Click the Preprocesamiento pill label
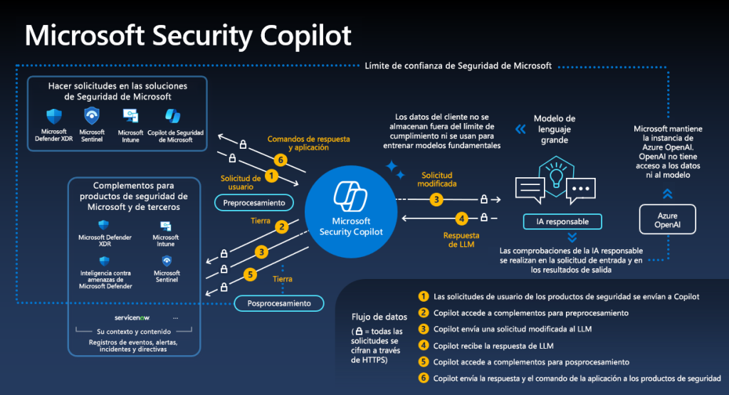point(254,203)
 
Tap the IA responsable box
point(562,221)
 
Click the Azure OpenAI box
point(668,220)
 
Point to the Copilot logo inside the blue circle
point(350,196)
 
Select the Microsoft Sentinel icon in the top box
point(92,116)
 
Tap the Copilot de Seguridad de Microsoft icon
point(173,116)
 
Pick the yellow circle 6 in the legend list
point(424,377)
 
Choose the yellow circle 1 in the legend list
point(424,296)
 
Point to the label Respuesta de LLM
point(461,240)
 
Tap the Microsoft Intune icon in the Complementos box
point(166,226)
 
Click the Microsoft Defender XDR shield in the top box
point(54,116)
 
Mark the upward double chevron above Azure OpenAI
point(667,193)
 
